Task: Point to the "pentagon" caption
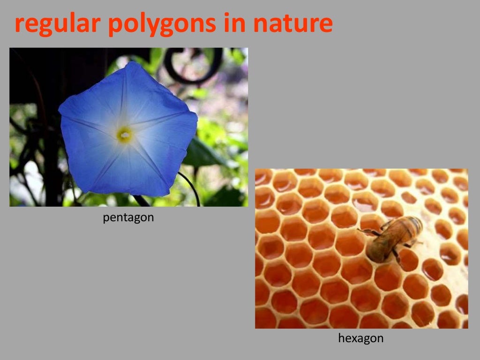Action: coord(128,218)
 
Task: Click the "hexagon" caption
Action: coord(360,338)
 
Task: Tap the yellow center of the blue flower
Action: coord(124,135)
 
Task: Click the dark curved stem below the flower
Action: coord(191,186)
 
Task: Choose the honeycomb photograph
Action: coord(361,248)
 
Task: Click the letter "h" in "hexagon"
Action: coord(341,337)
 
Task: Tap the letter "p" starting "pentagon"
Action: coord(106,219)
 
